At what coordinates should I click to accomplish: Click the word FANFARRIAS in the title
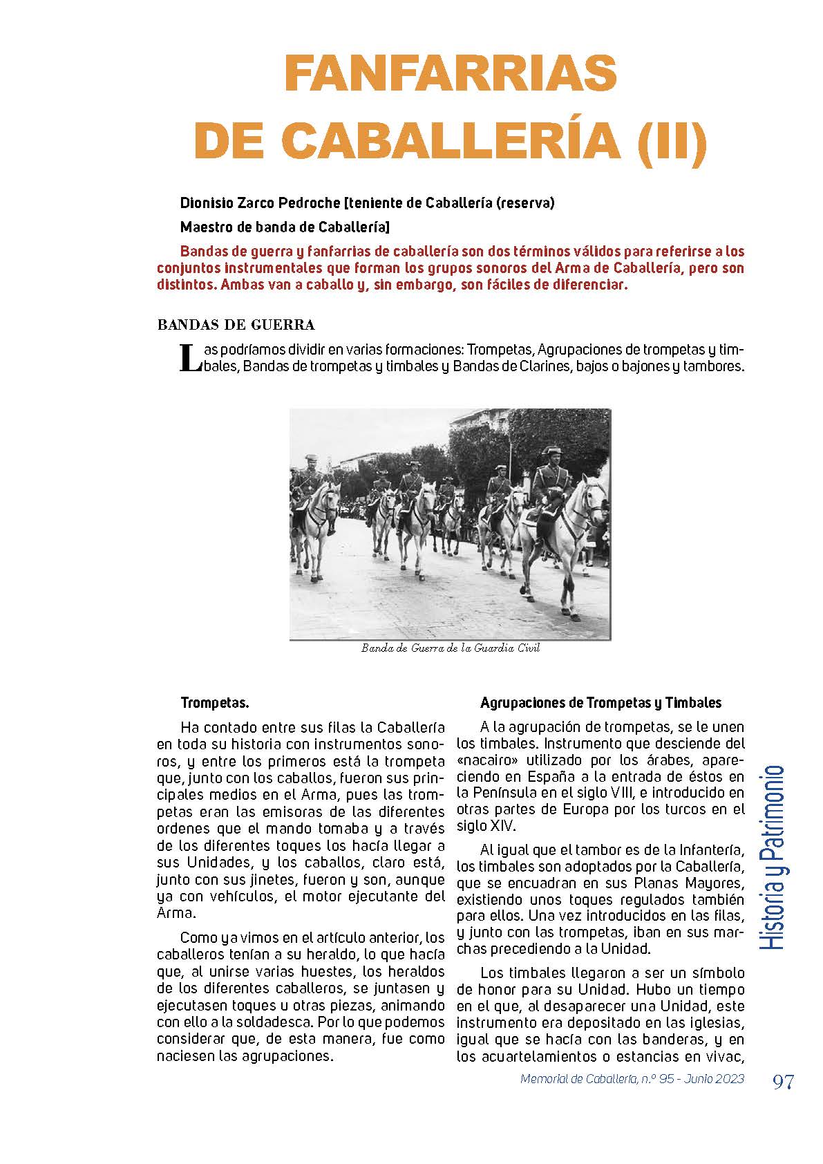(x=450, y=73)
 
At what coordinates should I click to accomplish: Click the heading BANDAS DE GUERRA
(x=236, y=325)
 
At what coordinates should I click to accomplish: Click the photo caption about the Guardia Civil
(x=450, y=648)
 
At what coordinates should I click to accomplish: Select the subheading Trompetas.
(x=214, y=703)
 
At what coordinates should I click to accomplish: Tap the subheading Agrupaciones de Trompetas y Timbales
(x=600, y=703)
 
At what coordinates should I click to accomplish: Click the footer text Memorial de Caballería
(x=578, y=1079)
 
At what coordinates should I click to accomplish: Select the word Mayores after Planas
(x=712, y=883)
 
